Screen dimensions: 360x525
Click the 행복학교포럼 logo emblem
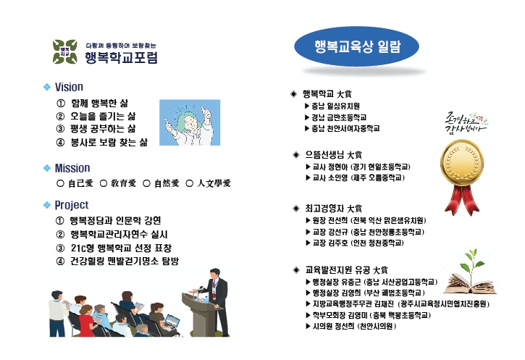point(64,50)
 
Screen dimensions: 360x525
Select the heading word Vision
point(69,87)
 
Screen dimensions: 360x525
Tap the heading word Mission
point(72,168)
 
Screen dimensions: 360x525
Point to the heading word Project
point(71,205)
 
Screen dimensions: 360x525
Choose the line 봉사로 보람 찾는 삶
point(109,143)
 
